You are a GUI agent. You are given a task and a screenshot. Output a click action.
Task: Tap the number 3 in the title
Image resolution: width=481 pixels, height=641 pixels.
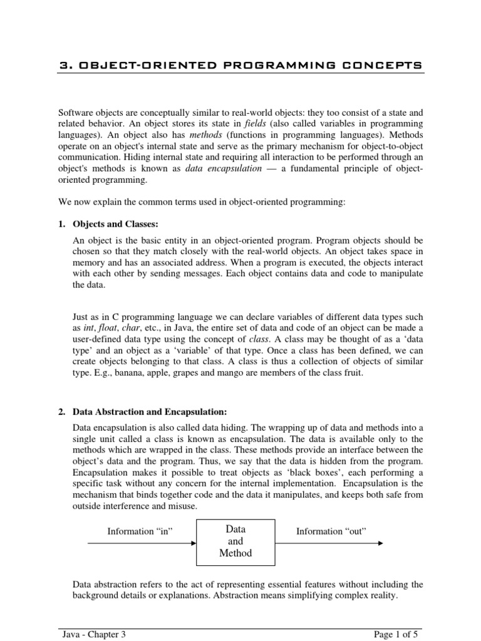click(63, 66)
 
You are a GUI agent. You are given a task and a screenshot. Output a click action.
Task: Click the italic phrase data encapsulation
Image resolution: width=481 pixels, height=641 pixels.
click(222, 168)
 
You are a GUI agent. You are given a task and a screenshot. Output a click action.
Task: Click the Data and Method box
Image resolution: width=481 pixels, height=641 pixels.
click(235, 541)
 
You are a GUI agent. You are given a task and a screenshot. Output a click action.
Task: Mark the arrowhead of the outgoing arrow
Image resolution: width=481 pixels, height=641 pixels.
click(381, 543)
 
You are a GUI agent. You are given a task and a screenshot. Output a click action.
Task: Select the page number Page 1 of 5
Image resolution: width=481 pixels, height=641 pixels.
click(398, 634)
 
